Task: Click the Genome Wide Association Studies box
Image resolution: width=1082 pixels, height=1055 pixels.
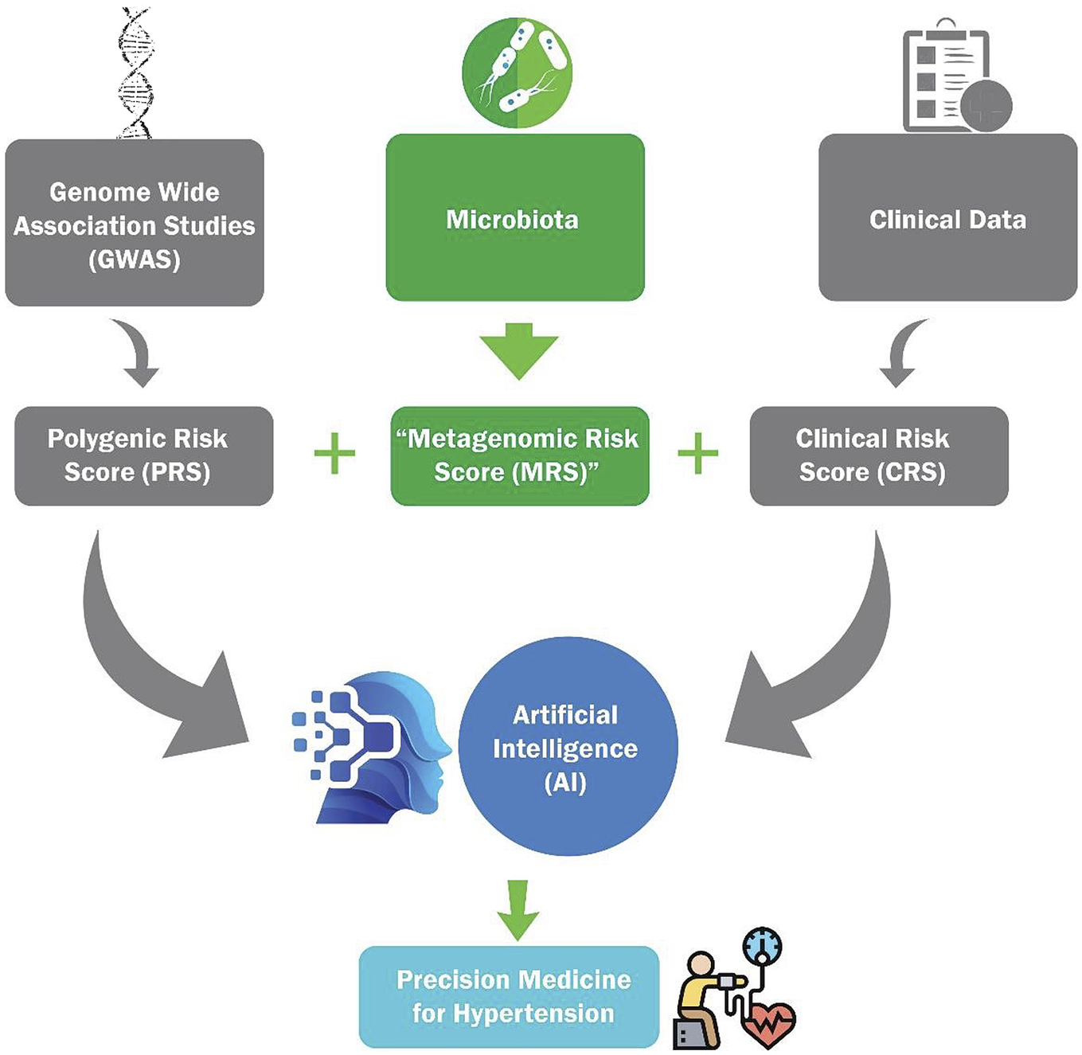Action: [135, 224]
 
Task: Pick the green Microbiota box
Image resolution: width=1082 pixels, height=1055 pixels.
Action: [515, 218]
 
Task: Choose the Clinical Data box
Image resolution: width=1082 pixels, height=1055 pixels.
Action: [947, 218]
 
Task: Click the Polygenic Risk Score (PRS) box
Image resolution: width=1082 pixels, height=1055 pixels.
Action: [144, 455]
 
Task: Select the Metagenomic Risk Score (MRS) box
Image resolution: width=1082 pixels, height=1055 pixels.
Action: [520, 455]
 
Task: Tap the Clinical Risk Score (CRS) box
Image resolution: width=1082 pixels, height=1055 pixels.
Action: [879, 455]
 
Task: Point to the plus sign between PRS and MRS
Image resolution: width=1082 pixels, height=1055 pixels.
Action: [334, 454]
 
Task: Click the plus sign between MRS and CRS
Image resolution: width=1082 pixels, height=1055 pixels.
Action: [698, 454]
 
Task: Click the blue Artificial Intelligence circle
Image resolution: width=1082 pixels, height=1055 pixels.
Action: [567, 747]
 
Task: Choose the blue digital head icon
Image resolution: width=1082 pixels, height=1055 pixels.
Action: [374, 748]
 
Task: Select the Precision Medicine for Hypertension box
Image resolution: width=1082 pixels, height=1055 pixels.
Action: [510, 996]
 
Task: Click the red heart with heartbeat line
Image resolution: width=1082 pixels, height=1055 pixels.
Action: [766, 1022]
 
